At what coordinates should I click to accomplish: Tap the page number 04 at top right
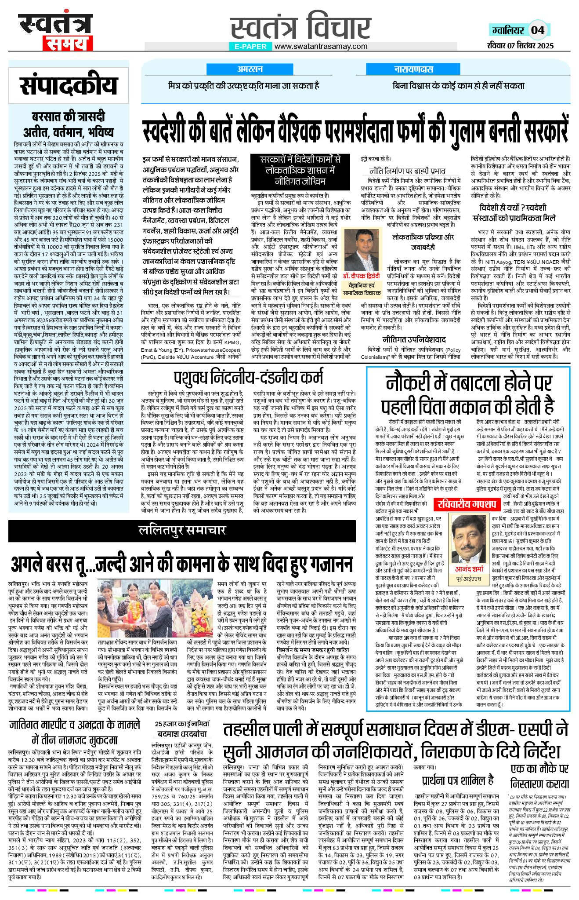point(538,30)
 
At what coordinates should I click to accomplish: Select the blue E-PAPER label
point(250,46)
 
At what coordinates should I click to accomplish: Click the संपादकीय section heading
point(69,86)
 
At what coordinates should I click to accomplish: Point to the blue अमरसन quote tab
point(250,69)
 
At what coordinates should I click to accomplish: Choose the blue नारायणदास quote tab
point(413,69)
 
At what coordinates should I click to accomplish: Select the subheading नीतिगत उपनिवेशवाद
point(414,339)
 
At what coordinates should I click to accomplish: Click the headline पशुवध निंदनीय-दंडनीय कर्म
point(248,378)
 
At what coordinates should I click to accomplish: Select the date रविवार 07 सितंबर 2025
point(520,46)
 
